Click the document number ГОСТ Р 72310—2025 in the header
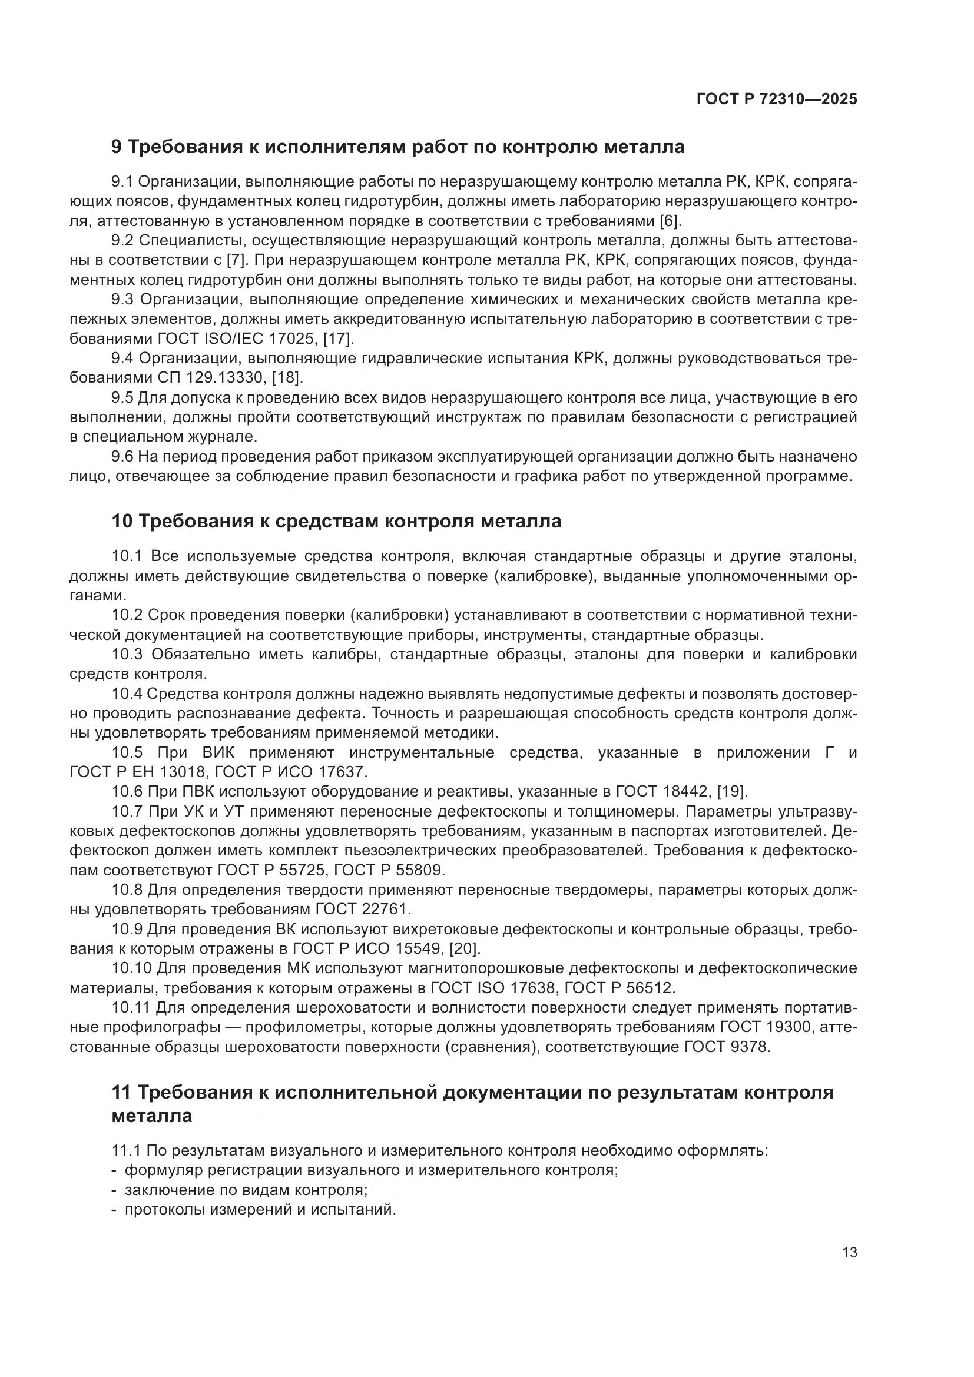point(777,99)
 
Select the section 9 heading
point(397,147)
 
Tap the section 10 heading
point(336,521)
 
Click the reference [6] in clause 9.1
point(670,221)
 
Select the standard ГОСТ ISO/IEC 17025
point(236,339)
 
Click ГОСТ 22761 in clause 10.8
point(362,909)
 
